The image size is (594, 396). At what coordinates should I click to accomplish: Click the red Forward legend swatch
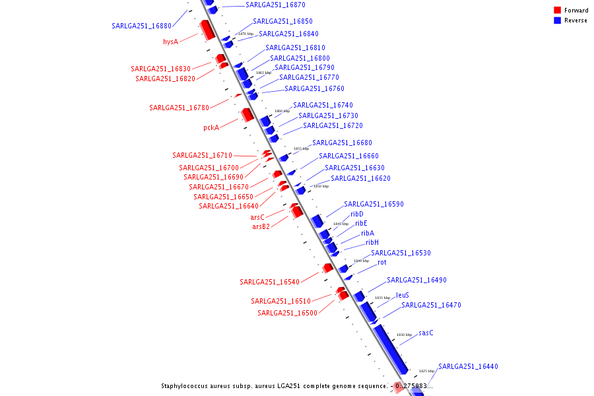[x=558, y=11]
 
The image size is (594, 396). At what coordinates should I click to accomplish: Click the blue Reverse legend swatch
[x=558, y=20]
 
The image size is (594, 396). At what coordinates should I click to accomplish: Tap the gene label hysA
[x=171, y=42]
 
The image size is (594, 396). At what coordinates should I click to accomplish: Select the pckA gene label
[x=211, y=127]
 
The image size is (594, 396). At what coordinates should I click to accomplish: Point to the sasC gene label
[x=426, y=333]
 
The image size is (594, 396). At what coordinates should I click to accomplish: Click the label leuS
[x=403, y=295]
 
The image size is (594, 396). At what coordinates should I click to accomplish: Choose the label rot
[x=382, y=262]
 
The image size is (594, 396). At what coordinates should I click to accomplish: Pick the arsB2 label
[x=261, y=226]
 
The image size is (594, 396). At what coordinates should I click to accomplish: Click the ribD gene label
[x=357, y=214]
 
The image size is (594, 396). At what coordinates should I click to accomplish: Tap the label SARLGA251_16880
[x=141, y=26]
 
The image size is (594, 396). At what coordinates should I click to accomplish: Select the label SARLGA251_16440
[x=468, y=366]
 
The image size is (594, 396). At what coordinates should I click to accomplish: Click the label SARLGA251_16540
[x=269, y=282]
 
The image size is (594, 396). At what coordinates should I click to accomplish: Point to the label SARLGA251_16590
[x=374, y=204]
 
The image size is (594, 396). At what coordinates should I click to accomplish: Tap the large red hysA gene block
[x=207, y=29]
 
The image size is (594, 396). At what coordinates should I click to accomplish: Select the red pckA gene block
[x=247, y=115]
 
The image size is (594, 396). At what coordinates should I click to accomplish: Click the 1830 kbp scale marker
[x=405, y=335]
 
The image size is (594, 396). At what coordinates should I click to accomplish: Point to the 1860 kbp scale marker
[x=282, y=111]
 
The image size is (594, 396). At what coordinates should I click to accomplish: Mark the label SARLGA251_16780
[x=179, y=108]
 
